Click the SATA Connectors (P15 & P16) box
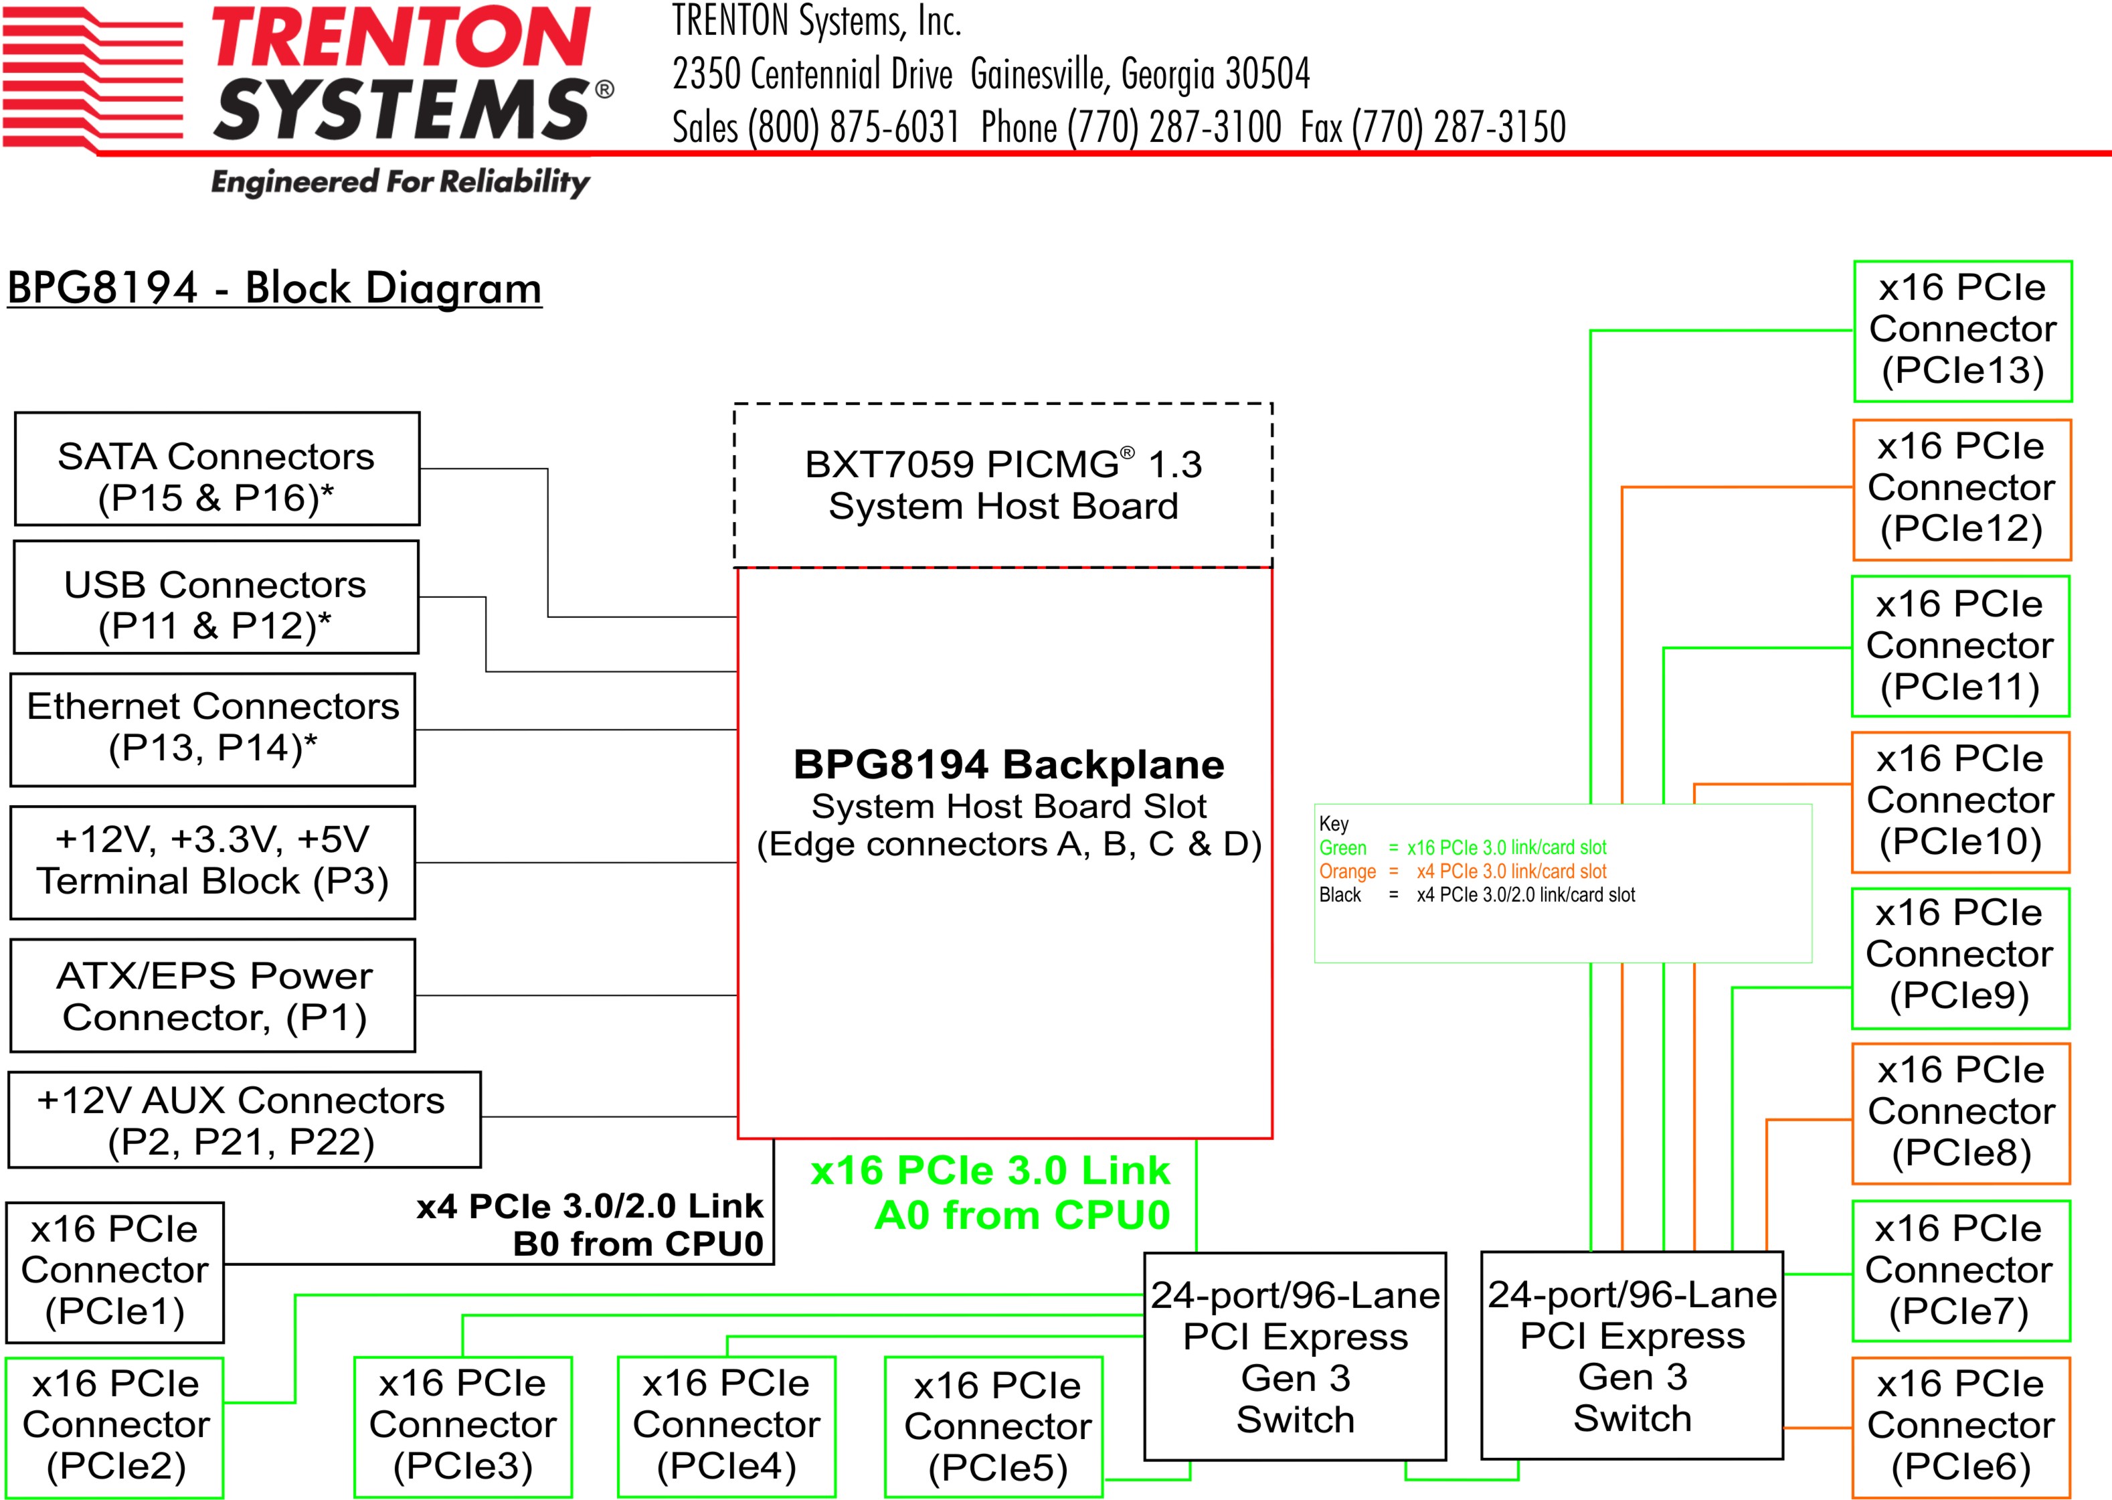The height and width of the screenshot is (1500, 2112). [x=217, y=469]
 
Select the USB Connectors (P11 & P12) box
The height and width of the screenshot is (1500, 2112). [x=216, y=598]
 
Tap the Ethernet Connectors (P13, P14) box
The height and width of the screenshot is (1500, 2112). [x=212, y=730]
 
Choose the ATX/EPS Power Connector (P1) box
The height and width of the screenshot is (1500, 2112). [x=212, y=996]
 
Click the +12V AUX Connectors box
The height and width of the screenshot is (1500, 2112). [x=244, y=1119]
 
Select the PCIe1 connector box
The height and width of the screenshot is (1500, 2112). [x=114, y=1272]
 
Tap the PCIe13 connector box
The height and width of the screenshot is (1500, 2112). [x=1962, y=331]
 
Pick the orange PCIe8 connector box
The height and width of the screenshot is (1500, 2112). [x=1961, y=1113]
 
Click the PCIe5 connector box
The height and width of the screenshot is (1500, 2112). [x=994, y=1426]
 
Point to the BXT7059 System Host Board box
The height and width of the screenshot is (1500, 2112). [x=1003, y=485]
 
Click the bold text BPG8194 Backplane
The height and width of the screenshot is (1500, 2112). [x=1008, y=765]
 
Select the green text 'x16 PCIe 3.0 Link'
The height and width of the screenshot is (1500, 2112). [x=990, y=1170]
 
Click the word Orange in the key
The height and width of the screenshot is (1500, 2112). [x=1347, y=871]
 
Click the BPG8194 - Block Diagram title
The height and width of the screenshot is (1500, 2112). [x=274, y=288]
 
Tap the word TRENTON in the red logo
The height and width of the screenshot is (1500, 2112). [x=401, y=38]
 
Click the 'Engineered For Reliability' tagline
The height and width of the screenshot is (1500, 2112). [x=400, y=182]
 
